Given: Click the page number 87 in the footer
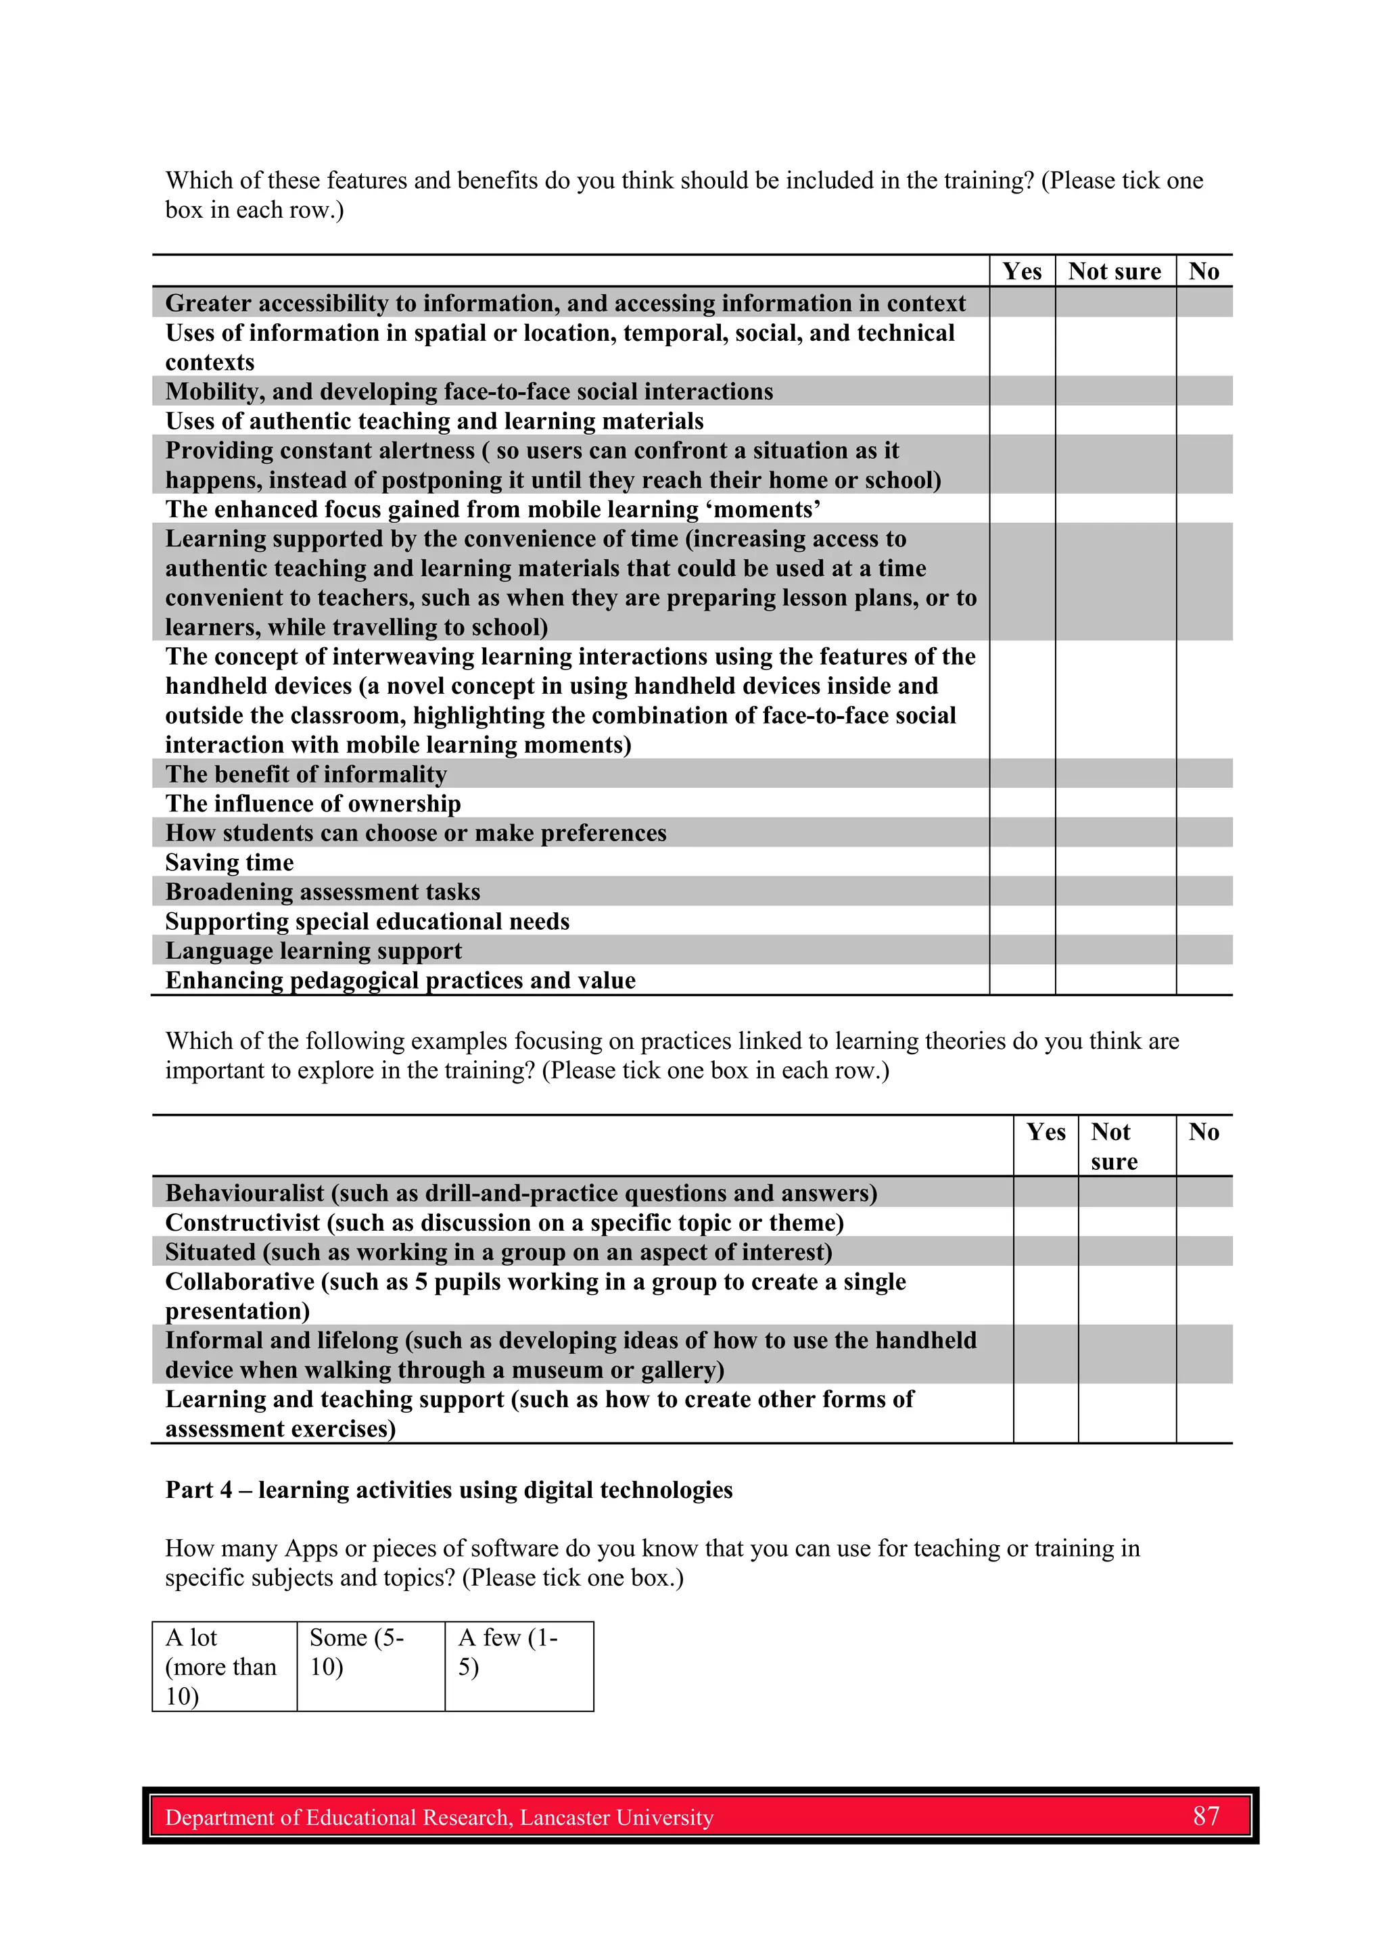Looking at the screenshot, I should coord(1206,1816).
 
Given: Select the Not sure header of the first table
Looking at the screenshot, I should coord(1114,271).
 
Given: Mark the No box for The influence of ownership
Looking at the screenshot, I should coord(1203,803).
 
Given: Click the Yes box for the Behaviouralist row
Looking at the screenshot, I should coord(1046,1192).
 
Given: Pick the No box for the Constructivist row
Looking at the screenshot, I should coord(1203,1222).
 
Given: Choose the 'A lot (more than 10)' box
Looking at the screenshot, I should coord(225,1666).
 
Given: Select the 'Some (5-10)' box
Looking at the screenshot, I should coord(371,1666).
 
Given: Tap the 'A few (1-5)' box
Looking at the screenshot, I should coord(519,1666).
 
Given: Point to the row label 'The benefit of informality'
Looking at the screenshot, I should coord(306,774).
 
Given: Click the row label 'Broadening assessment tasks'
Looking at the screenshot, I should coord(323,892).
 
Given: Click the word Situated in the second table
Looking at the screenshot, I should coord(210,1252).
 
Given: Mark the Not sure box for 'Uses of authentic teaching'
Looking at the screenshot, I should coord(1114,421).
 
